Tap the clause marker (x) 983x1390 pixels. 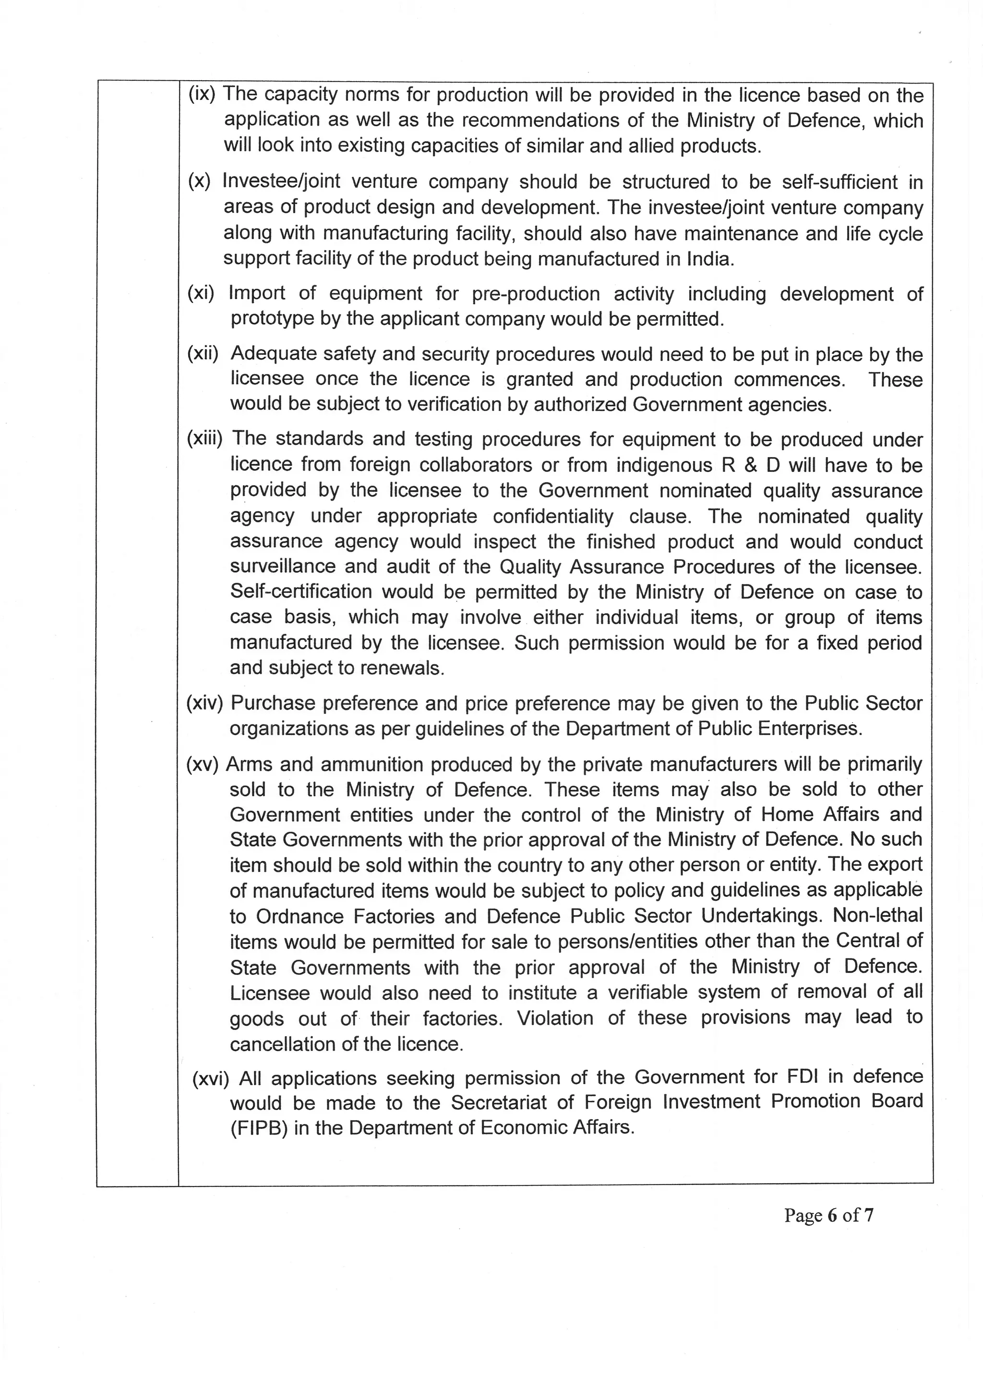point(199,181)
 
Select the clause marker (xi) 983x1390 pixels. point(202,294)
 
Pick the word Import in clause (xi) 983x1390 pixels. point(257,294)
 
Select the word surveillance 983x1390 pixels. point(282,566)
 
